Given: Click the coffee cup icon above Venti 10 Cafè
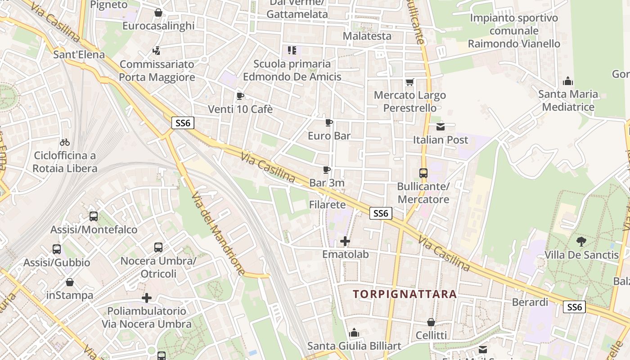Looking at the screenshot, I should [x=240, y=95].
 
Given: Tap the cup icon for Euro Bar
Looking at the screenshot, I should [x=329, y=122].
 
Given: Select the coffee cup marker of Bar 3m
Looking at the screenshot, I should [x=327, y=170].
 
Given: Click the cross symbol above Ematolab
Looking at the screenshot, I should [x=345, y=241].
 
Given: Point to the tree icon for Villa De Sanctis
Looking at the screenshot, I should [x=581, y=241].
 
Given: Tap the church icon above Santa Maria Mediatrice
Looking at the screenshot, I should [x=568, y=81].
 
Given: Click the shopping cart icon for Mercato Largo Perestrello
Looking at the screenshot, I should [x=409, y=82].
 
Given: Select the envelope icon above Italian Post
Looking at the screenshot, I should [x=441, y=127].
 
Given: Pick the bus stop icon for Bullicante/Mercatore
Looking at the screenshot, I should [x=423, y=173].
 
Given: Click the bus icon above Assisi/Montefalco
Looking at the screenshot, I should [x=94, y=216].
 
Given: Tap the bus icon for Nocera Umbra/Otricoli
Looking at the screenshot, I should [x=158, y=247].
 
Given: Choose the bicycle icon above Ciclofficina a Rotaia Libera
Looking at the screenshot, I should [x=65, y=142].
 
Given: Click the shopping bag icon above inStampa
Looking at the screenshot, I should [x=70, y=282].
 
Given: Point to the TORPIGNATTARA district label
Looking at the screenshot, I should [x=405, y=294].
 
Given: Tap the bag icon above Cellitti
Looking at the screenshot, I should [x=431, y=322].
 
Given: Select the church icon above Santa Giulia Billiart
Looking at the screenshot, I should [x=354, y=333].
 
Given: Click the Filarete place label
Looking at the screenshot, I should [x=327, y=205].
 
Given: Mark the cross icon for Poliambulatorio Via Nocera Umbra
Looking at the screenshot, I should [x=146, y=298].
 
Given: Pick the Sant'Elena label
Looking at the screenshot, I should [x=79, y=55].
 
